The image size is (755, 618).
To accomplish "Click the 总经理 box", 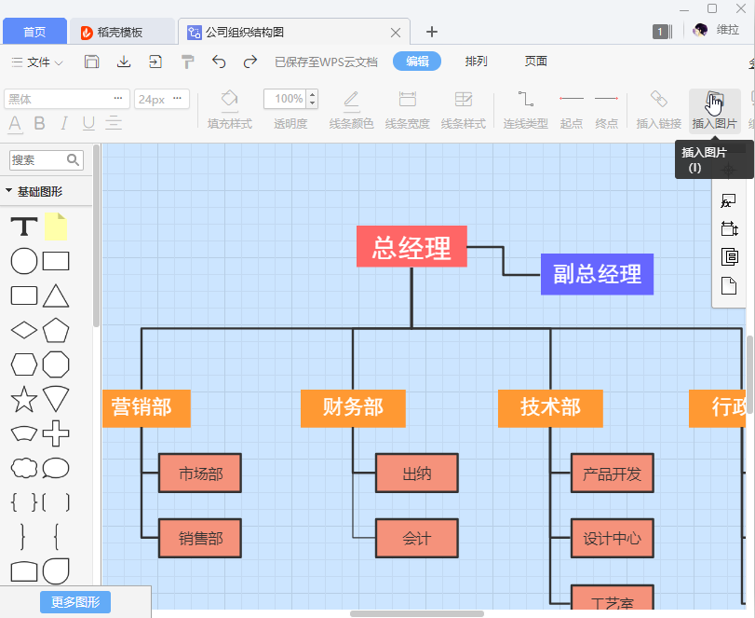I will coord(411,247).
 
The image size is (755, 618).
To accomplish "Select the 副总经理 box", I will coord(597,274).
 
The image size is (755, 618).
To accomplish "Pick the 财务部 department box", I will coord(353,407).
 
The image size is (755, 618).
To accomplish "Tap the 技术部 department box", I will coord(550,407).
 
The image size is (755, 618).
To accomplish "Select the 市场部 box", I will coord(200,474).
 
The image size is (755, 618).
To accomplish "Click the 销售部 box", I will coord(200,538).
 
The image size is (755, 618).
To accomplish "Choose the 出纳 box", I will coord(417,474).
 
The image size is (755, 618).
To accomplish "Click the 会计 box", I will coord(417,538).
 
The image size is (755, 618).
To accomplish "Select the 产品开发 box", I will coord(612,474).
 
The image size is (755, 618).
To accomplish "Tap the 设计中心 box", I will coord(612,538).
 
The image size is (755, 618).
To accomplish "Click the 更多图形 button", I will coord(75,601).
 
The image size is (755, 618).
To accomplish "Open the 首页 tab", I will coord(34,32).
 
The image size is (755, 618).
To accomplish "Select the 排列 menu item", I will coord(476,62).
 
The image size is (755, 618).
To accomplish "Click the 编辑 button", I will coord(417,62).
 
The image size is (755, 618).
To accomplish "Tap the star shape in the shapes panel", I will coord(23,400).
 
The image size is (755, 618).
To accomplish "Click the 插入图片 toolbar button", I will coord(714,109).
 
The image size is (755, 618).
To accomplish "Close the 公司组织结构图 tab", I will coord(396,32).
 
